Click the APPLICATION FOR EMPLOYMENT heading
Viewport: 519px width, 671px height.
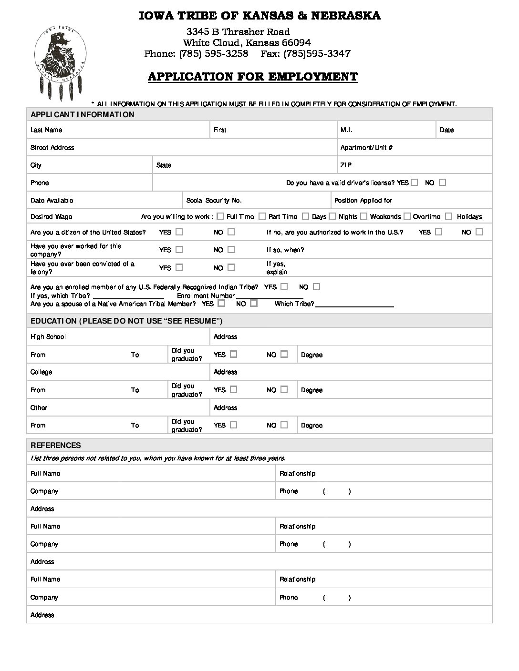(252, 77)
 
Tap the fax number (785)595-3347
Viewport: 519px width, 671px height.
(317, 53)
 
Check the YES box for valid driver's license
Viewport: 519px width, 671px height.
(414, 182)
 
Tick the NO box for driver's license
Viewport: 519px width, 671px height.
(442, 182)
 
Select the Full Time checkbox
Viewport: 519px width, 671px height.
(220, 216)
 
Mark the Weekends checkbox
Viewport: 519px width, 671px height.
(363, 216)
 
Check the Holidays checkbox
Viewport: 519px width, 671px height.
(448, 216)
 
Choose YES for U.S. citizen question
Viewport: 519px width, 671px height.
(179, 232)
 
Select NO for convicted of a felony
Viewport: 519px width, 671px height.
(231, 267)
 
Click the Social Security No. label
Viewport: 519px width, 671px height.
(214, 201)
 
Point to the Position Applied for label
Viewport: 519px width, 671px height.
(363, 201)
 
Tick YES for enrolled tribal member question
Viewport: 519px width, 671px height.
(284, 287)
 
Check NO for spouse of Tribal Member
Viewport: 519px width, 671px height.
(254, 303)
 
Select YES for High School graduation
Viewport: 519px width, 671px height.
(233, 354)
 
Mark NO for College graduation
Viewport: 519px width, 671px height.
(284, 389)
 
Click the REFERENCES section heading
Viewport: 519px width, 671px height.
(55, 445)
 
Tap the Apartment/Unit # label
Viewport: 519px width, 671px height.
(366, 148)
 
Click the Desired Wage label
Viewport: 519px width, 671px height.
(51, 217)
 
